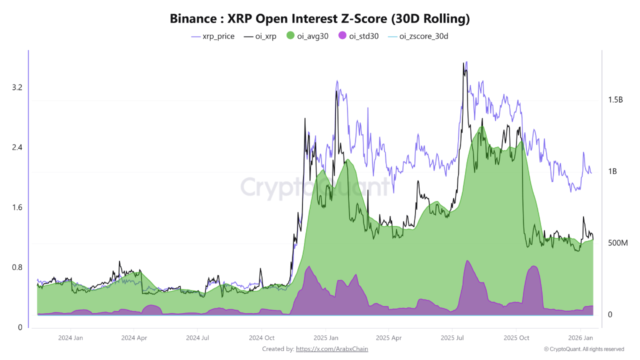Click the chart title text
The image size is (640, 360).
(x=320, y=19)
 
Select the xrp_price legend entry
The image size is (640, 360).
(x=213, y=36)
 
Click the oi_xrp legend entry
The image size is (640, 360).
(x=260, y=36)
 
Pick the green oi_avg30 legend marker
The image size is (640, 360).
(x=290, y=36)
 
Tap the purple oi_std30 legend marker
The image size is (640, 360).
(x=342, y=36)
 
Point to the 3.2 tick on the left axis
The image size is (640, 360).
(x=17, y=87)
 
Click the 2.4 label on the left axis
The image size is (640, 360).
(x=17, y=147)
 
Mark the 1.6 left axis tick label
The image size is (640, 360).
(x=17, y=207)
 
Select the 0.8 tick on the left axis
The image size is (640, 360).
(x=17, y=267)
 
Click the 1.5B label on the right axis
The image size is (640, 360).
(x=615, y=100)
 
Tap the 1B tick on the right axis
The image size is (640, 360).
(x=612, y=171)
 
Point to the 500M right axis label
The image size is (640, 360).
(x=617, y=243)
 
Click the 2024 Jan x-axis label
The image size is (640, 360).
(x=70, y=338)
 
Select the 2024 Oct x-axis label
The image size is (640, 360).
(x=261, y=338)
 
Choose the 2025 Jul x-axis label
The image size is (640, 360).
(x=452, y=338)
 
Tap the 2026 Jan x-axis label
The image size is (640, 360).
(x=581, y=338)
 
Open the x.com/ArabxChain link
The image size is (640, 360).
(x=332, y=349)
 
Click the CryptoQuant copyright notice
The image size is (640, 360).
(x=584, y=349)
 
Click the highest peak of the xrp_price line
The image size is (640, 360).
(x=466, y=62)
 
